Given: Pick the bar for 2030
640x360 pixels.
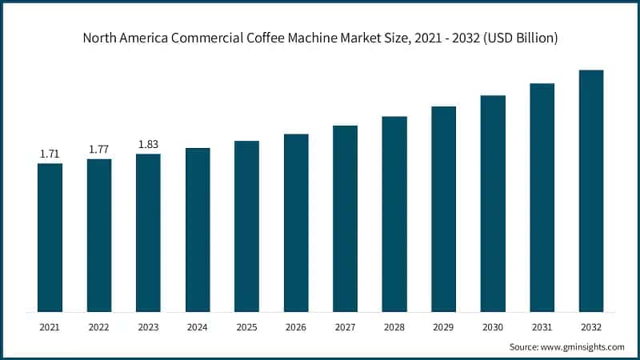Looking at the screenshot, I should click(493, 203).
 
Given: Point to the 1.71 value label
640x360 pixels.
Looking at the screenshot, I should click(50, 154).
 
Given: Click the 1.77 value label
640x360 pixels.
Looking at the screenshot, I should click(99, 149).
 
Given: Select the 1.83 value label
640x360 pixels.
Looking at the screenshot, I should click(148, 144).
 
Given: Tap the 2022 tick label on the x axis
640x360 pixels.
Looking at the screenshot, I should click(99, 326).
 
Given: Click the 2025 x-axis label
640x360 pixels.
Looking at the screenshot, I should click(246, 326).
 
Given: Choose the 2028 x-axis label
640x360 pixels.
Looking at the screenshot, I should click(394, 326).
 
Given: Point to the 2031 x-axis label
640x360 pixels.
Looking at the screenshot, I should click(542, 326).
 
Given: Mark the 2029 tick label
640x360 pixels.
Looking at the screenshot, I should click(443, 326).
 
